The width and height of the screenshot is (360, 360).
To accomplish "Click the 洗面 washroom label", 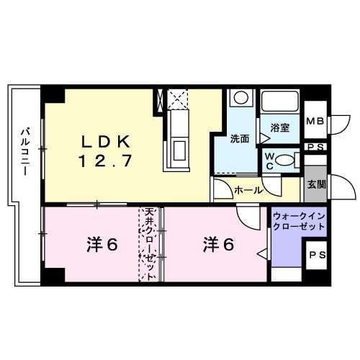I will [239, 137].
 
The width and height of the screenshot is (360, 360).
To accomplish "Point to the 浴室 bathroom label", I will [279, 127].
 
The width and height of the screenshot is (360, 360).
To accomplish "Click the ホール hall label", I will [248, 190].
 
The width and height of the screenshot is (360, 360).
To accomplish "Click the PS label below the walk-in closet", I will [316, 253].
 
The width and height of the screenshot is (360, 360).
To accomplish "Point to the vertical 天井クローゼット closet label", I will [150, 242].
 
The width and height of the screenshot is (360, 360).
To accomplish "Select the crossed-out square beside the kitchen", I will [177, 98].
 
